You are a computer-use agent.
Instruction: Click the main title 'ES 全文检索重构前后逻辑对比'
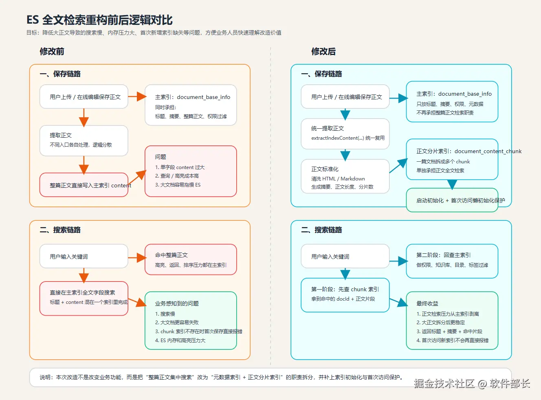(x=99, y=20)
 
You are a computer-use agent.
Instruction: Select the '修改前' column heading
(x=52, y=51)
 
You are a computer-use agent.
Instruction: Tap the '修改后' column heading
(x=323, y=51)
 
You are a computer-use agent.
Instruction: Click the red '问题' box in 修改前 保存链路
(x=191, y=171)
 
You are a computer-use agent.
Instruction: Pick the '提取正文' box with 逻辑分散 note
(x=84, y=141)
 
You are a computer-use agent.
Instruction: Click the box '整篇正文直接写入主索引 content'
(x=84, y=185)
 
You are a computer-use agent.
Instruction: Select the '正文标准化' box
(x=345, y=176)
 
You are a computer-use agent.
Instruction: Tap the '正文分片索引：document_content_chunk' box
(x=452, y=159)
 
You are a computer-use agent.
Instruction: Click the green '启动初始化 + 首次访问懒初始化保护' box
(x=452, y=200)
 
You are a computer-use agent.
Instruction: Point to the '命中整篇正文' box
(x=191, y=259)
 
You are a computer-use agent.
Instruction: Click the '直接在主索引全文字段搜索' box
(x=84, y=298)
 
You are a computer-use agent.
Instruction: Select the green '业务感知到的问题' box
(x=191, y=321)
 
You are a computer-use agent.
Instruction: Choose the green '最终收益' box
(x=452, y=321)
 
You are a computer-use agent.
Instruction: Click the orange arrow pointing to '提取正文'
(x=84, y=118)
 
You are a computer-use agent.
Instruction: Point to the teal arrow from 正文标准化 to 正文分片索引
(x=398, y=165)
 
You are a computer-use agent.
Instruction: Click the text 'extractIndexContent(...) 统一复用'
(x=348, y=138)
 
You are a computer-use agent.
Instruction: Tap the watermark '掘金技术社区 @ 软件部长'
(x=472, y=383)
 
